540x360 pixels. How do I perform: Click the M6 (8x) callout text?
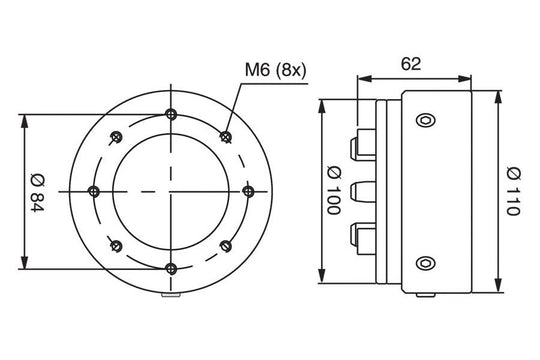(275, 71)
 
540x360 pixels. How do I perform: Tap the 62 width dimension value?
(411, 64)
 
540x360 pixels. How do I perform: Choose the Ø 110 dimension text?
(513, 191)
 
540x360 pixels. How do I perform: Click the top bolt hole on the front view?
(171, 114)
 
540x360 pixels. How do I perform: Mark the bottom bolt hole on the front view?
(171, 268)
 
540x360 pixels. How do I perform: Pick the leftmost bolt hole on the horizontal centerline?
(94, 191)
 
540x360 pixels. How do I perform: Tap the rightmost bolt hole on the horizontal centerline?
(248, 191)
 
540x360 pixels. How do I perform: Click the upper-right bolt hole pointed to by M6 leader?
(226, 137)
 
